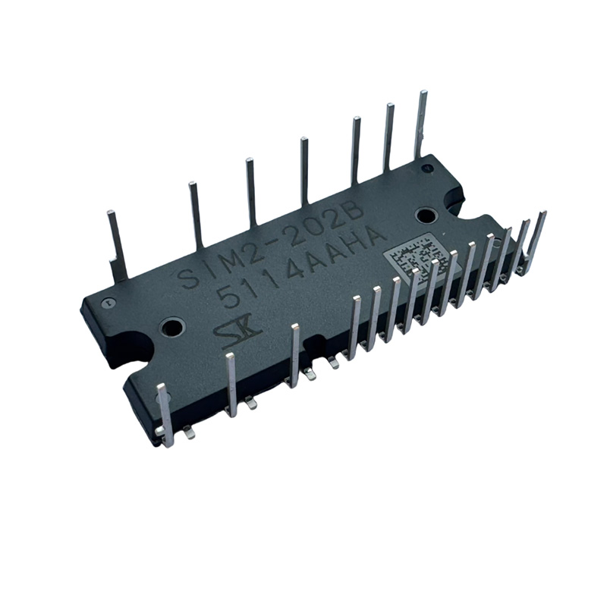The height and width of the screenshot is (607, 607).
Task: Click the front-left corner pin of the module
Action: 165,414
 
